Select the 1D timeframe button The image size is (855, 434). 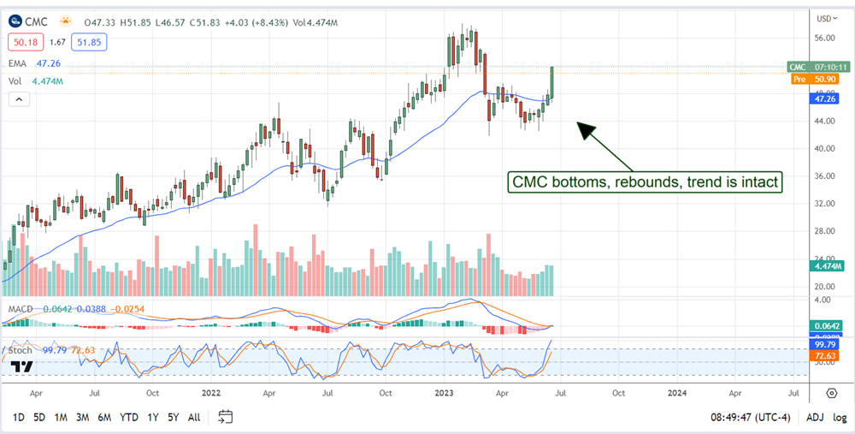point(18,417)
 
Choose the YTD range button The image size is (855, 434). point(129,417)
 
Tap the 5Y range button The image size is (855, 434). point(174,417)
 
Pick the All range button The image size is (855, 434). point(194,417)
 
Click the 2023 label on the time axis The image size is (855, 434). point(443,393)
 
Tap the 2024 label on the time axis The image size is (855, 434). point(676,393)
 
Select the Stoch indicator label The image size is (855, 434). point(21,350)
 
